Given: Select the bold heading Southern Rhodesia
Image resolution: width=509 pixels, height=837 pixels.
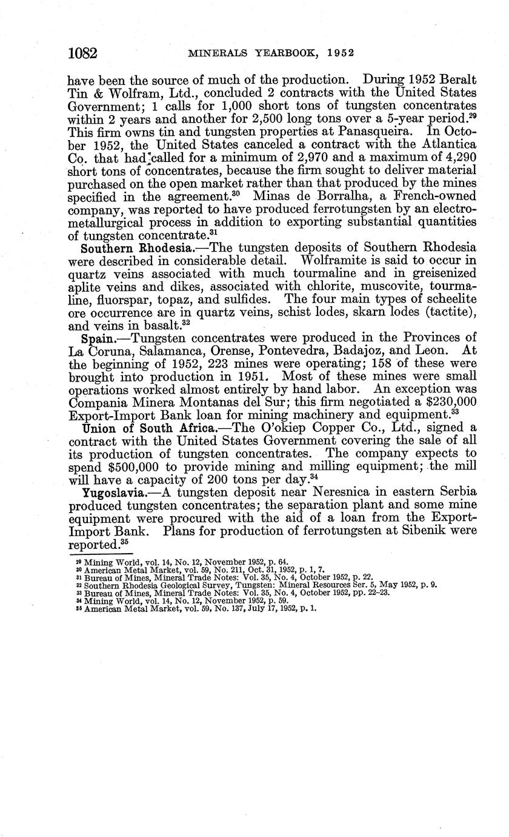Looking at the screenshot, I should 123,248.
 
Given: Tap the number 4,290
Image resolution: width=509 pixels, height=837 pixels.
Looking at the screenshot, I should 457,156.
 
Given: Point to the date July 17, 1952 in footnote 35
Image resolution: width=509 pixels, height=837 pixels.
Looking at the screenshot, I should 264,608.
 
